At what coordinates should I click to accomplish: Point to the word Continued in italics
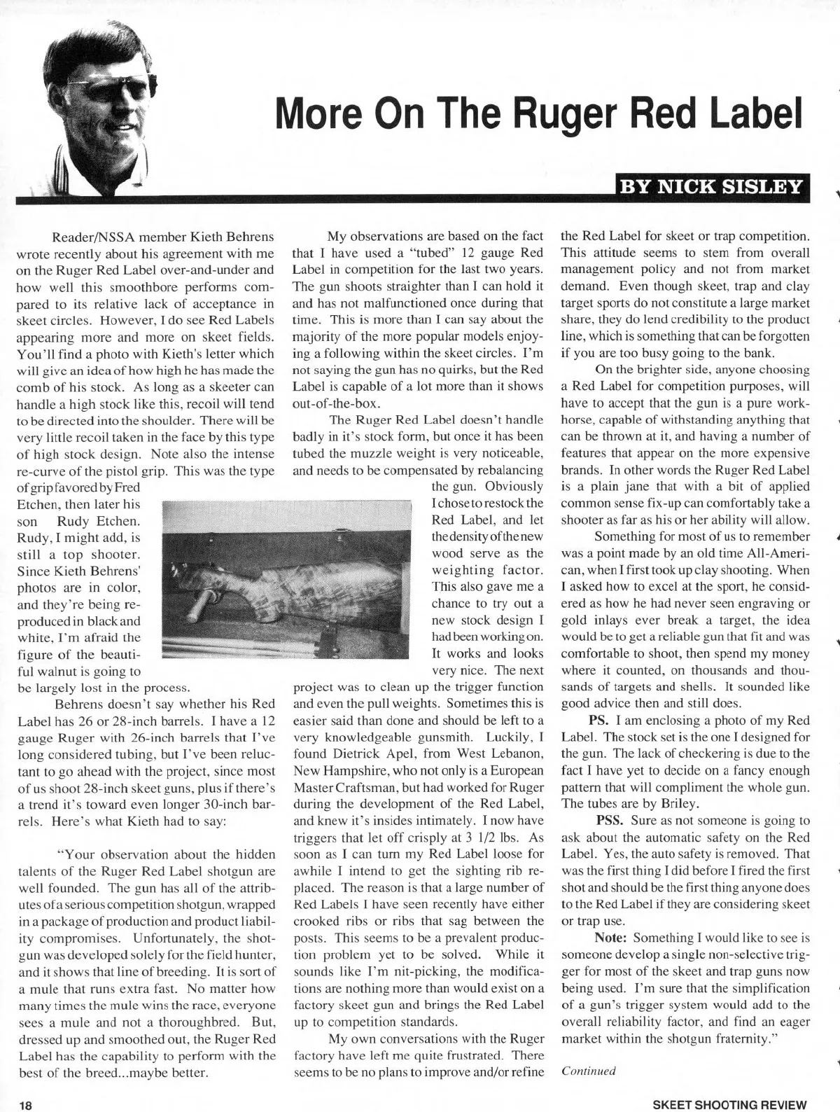tap(588, 1071)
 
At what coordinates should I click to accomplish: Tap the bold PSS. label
tap(608, 820)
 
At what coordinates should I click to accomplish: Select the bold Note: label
tap(610, 938)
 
